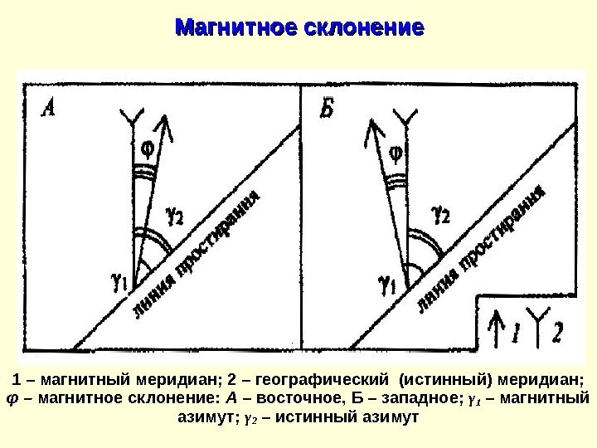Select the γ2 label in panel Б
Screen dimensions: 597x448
coord(441,215)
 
